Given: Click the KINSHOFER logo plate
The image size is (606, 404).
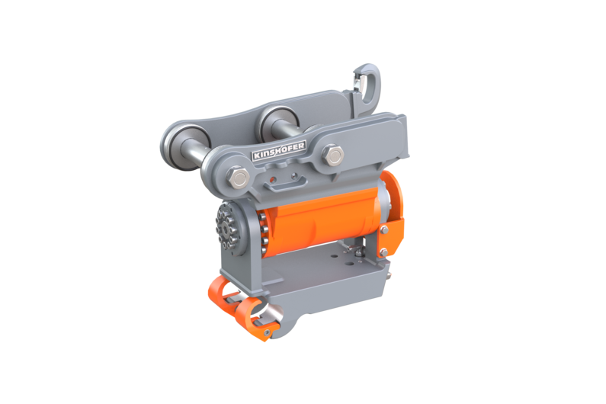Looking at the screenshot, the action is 279,150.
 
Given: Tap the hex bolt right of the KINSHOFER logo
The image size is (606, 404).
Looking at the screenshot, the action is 333,155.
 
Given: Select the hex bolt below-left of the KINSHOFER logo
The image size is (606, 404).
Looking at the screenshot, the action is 237,178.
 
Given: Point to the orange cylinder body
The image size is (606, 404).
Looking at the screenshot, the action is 323,222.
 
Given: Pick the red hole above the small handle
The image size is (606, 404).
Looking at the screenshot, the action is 273,180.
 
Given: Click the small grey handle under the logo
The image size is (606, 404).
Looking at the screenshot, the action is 286,185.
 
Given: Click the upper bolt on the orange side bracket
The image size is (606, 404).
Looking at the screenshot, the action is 384,230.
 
